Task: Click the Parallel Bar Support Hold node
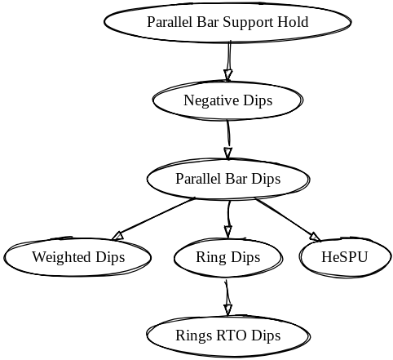click(227, 22)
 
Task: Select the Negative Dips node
click(227, 100)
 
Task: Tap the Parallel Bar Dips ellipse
click(227, 179)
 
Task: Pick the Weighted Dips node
click(78, 257)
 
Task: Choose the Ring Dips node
click(228, 257)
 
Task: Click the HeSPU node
click(345, 257)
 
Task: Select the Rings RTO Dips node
click(227, 336)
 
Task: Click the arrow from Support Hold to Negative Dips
click(229, 61)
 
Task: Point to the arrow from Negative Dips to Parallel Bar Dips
click(228, 140)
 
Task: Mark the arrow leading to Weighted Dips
click(154, 220)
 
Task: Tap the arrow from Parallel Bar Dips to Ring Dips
click(228, 219)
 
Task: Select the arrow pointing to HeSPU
click(288, 220)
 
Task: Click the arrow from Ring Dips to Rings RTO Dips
click(227, 298)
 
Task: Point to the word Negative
click(212, 100)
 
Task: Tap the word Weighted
click(60, 258)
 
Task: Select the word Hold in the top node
click(293, 22)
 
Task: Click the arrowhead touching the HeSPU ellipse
click(316, 238)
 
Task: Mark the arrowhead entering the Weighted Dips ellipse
click(118, 236)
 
